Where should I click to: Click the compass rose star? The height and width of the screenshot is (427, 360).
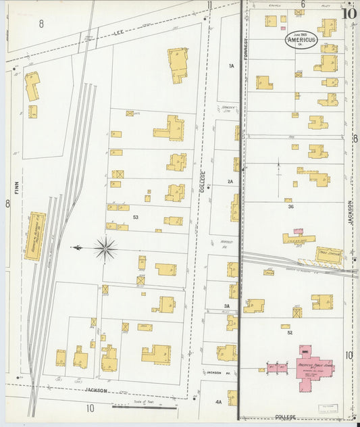pyautogui.click(x=105, y=249)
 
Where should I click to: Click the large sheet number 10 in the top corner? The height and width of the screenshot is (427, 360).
pyautogui.click(x=349, y=12)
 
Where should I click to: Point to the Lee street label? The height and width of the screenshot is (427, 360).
pyautogui.click(x=119, y=31)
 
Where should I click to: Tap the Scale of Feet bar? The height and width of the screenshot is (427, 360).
pyautogui.click(x=154, y=407)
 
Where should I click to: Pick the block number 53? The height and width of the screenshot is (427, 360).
pyautogui.click(x=136, y=217)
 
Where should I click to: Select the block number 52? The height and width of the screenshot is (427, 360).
pyautogui.click(x=289, y=332)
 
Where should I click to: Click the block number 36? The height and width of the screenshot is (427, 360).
pyautogui.click(x=290, y=207)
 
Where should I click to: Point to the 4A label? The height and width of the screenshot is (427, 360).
pyautogui.click(x=218, y=402)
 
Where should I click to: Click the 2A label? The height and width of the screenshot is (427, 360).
pyautogui.click(x=230, y=182)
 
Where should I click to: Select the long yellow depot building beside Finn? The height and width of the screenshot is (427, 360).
pyautogui.click(x=35, y=236)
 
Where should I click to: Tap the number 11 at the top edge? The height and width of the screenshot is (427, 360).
pyautogui.click(x=210, y=5)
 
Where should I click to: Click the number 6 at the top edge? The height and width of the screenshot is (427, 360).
pyautogui.click(x=303, y=5)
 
